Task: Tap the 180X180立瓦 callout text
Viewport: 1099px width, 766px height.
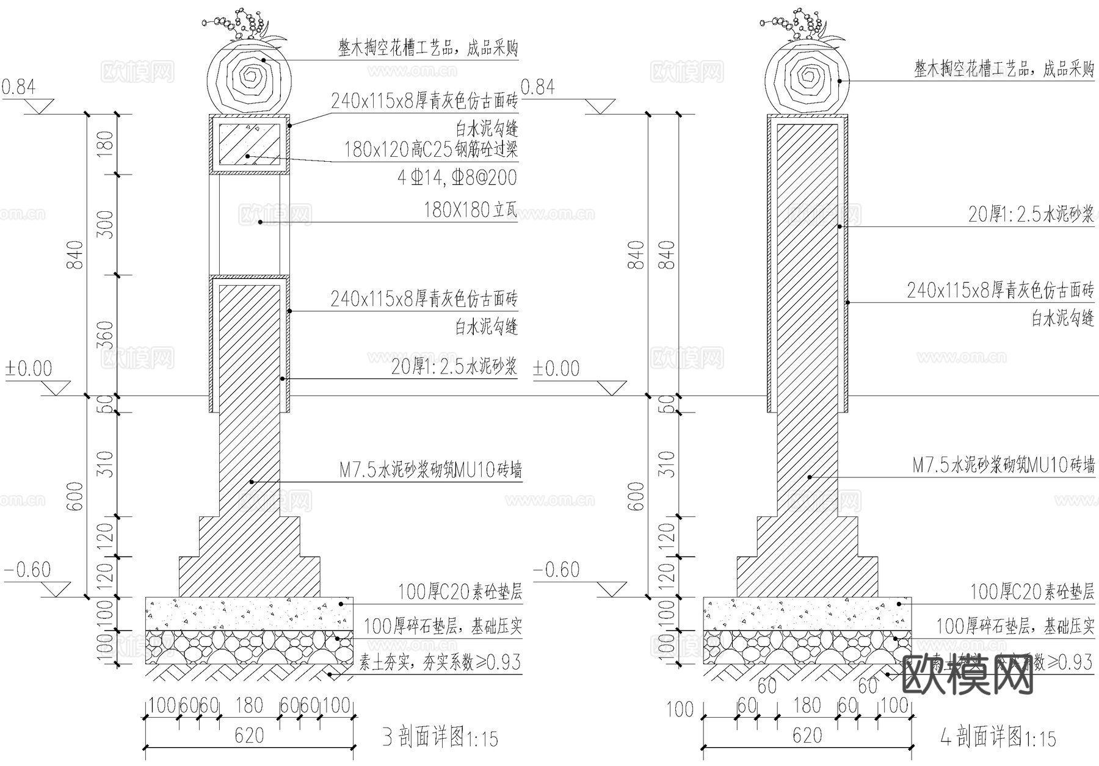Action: point(470,211)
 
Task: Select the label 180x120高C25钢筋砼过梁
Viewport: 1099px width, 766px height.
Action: point(430,150)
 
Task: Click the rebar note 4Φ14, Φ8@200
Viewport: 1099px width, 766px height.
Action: point(457,178)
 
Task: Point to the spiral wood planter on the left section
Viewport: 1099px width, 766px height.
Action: point(249,76)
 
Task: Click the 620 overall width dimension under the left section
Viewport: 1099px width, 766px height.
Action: point(249,735)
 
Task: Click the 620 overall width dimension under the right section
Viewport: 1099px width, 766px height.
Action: point(807,735)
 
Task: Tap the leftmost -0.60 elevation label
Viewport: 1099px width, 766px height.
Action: point(27,570)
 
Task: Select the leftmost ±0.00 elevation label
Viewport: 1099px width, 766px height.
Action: point(29,369)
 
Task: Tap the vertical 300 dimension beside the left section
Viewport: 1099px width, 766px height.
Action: point(106,224)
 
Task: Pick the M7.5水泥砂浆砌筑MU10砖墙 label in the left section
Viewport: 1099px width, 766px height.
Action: point(430,471)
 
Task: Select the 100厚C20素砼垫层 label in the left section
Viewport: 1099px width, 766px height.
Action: point(460,591)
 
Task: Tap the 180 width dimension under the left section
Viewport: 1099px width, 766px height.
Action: point(249,706)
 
